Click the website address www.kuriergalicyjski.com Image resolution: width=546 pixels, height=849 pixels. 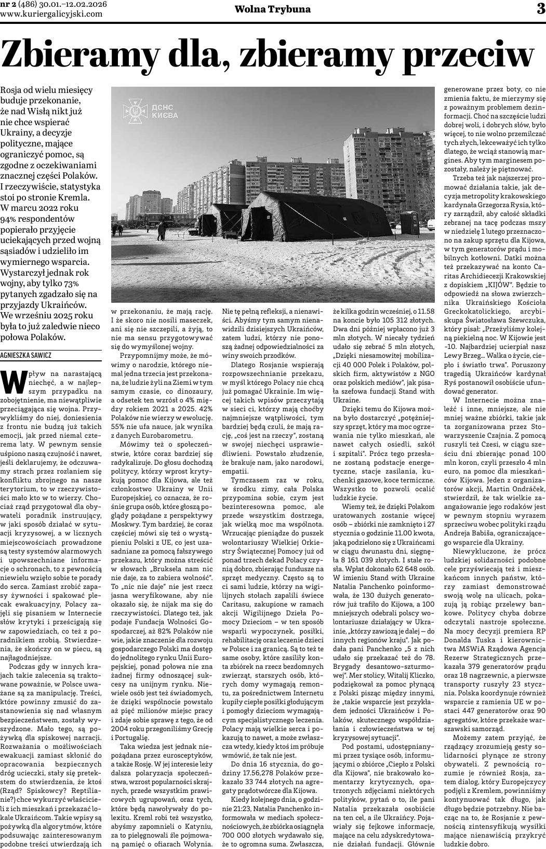tap(51, 14)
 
